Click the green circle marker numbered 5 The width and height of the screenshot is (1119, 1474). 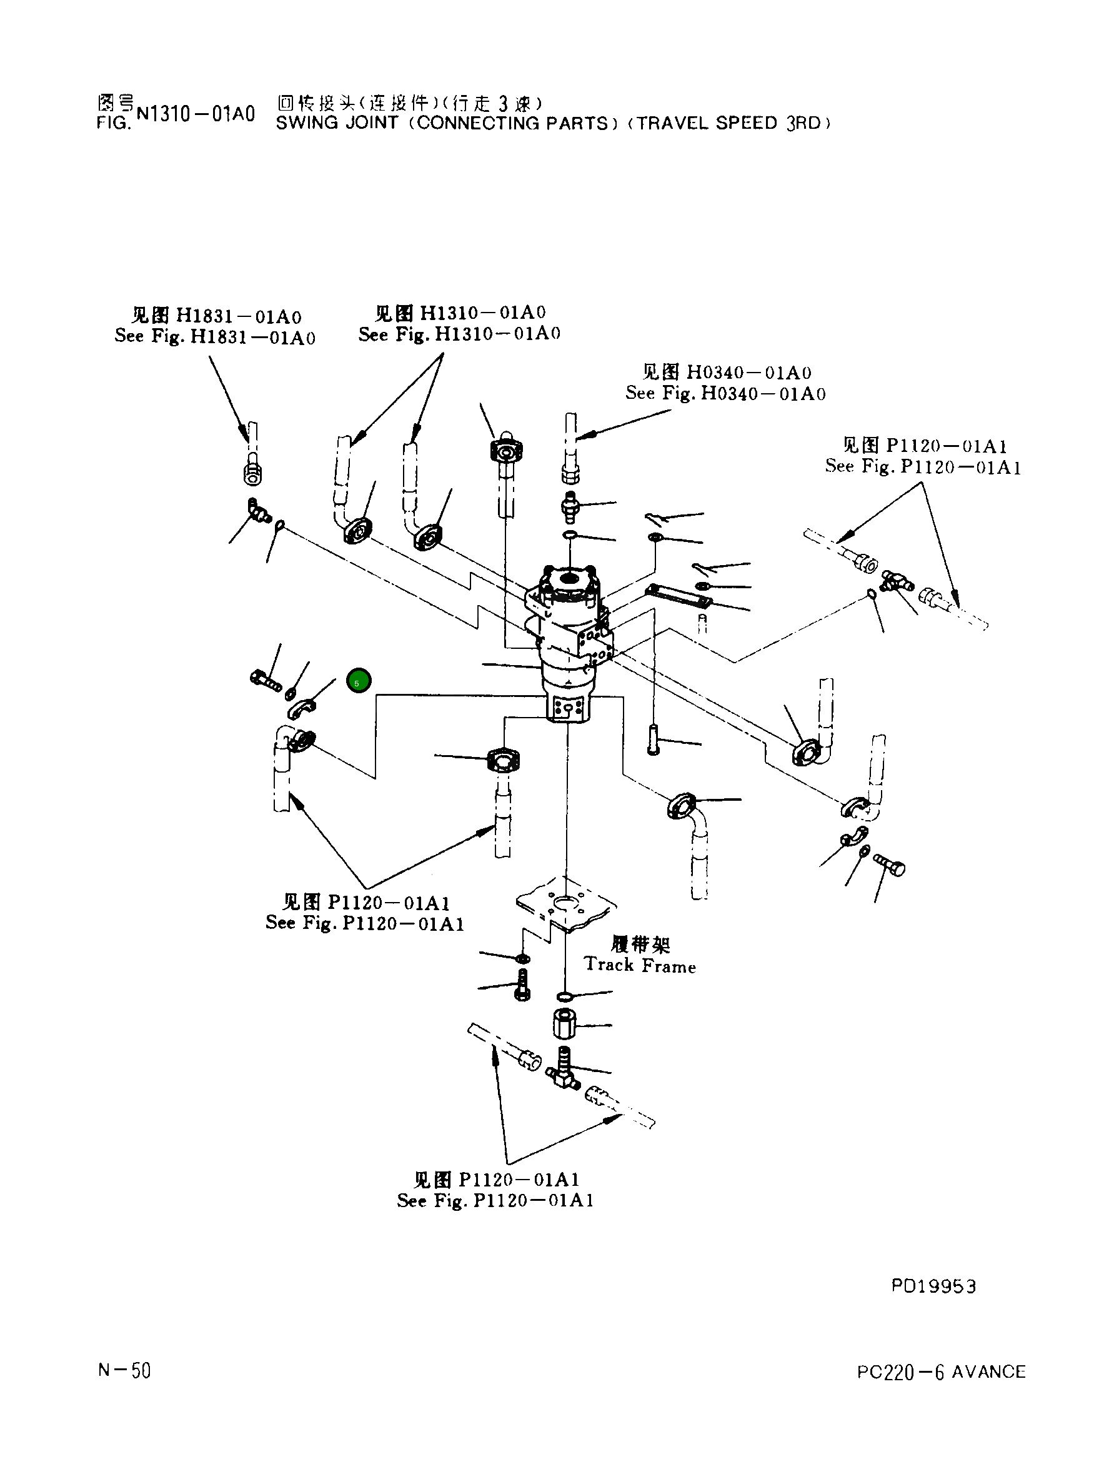(359, 680)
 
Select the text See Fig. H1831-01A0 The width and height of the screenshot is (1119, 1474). (214, 337)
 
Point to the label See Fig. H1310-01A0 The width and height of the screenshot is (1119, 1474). (459, 334)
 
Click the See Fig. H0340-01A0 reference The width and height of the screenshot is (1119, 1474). (725, 394)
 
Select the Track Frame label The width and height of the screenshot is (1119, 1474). (639, 966)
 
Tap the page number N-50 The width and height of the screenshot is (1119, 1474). (124, 1371)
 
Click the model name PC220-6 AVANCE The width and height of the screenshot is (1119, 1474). (940, 1372)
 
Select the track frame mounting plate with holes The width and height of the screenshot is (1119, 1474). (565, 906)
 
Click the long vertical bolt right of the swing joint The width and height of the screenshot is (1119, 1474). (653, 740)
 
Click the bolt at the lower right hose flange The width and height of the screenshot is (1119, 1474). (890, 866)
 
